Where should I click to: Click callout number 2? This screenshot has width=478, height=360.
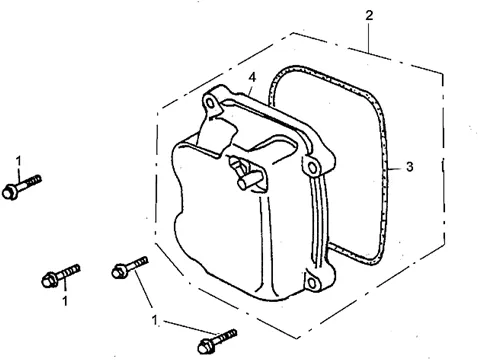pyautogui.click(x=369, y=15)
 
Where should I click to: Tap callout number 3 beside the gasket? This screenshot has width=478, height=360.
pyautogui.click(x=410, y=167)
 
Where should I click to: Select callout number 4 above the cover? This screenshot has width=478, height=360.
pyautogui.click(x=252, y=77)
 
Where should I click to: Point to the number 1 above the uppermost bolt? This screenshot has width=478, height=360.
pyautogui.click(x=18, y=161)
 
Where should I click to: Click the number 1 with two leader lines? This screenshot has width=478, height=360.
pyautogui.click(x=154, y=320)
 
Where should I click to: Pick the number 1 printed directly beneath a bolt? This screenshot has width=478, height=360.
pyautogui.click(x=65, y=301)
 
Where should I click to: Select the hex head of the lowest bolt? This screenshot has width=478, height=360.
pyautogui.click(x=205, y=346)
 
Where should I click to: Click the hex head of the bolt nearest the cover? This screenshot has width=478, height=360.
pyautogui.click(x=118, y=271)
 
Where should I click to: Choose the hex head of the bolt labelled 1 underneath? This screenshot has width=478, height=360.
pyautogui.click(x=49, y=280)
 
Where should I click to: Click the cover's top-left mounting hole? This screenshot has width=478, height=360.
pyautogui.click(x=210, y=103)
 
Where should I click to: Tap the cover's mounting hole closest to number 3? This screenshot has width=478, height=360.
pyautogui.click(x=312, y=168)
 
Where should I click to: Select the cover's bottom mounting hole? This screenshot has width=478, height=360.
pyautogui.click(x=311, y=283)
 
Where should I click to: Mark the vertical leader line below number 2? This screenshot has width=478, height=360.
pyautogui.click(x=369, y=37)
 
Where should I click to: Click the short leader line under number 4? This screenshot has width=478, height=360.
pyautogui.click(x=249, y=89)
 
